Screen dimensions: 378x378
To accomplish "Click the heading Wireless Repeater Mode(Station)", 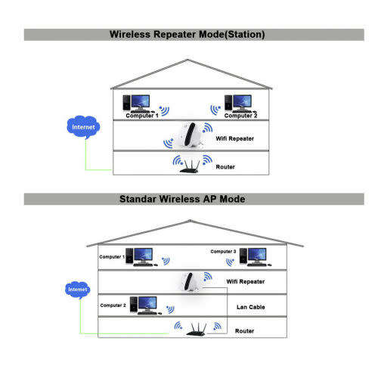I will click(187, 34).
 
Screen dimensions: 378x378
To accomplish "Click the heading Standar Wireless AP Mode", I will click(188, 200).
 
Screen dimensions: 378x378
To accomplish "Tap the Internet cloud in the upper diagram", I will click(83, 128).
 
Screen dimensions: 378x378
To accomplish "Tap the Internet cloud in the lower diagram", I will click(77, 289).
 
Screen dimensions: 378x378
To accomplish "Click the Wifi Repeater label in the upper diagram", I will click(235, 139).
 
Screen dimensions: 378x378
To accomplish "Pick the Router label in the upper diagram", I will click(226, 166).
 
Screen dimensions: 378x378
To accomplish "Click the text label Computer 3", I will click(224, 251).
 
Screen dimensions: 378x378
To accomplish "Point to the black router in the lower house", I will click(199, 328).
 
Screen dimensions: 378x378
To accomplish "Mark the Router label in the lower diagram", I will click(244, 331).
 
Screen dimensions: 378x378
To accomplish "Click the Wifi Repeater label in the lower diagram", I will click(246, 281).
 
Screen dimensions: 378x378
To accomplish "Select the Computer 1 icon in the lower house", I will click(141, 258).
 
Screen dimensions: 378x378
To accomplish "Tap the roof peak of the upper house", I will click(191, 58).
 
